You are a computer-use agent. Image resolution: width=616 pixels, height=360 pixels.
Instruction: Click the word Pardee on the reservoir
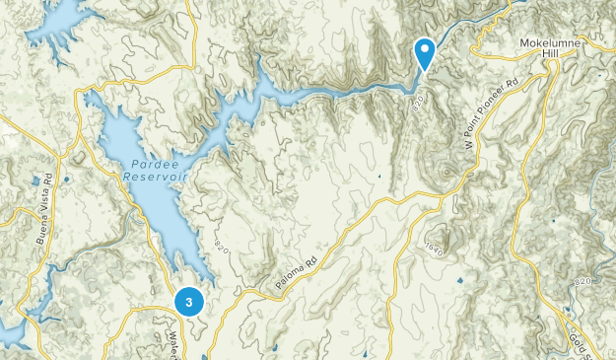(152, 165)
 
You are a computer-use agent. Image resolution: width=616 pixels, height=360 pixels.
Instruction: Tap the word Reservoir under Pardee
(156, 177)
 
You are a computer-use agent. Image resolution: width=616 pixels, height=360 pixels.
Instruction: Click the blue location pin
(425, 52)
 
